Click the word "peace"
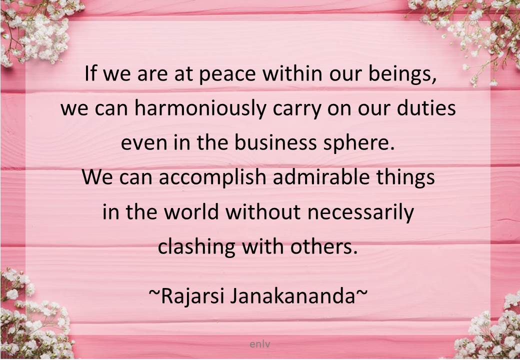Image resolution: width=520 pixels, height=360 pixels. [x=227, y=75]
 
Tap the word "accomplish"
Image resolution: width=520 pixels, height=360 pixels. [x=212, y=177]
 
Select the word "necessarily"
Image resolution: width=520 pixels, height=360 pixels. [x=361, y=212]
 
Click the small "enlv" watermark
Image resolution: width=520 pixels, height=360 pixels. [x=260, y=344]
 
